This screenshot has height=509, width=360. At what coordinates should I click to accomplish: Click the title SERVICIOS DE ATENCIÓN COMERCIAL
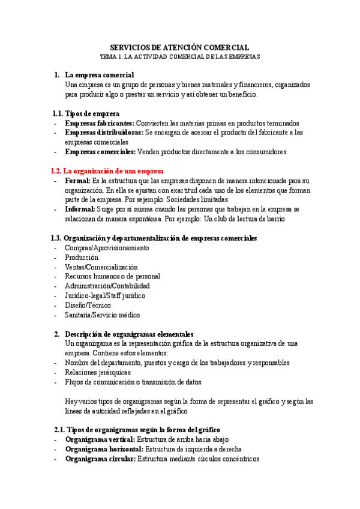coord(180,47)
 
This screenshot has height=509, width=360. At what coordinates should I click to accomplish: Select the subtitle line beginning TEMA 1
coord(180,56)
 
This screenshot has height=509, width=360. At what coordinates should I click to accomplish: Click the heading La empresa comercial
coord(100,75)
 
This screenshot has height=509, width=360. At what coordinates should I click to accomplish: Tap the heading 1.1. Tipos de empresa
coord(86,113)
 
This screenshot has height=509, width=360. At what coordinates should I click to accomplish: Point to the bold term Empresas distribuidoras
coord(104,133)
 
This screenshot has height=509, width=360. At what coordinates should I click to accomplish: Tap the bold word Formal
coord(77,181)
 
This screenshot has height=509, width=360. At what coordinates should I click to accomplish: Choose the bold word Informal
coord(80,209)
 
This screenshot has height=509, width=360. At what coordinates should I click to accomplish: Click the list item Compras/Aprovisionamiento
coord(107,248)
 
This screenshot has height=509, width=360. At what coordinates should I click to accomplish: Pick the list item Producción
coord(82,258)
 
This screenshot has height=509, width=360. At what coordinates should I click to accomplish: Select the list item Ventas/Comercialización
coord(101,267)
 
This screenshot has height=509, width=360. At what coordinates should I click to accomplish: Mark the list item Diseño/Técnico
coord(88,306)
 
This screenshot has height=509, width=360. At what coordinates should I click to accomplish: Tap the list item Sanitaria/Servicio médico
coord(102,315)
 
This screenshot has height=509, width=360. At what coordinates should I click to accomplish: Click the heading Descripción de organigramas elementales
coord(129,334)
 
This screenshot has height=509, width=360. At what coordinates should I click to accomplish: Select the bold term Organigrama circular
coord(100,459)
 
